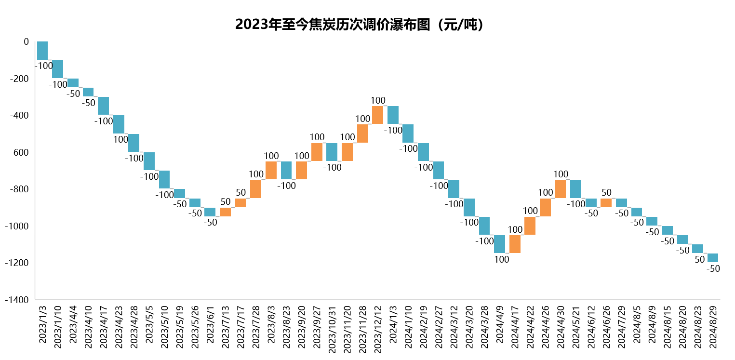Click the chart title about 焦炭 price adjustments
click(x=359, y=25)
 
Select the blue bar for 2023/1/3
click(x=42, y=51)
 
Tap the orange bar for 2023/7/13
click(x=225, y=212)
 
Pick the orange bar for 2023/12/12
click(x=377, y=115)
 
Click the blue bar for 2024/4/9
click(x=499, y=244)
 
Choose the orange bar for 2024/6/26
click(x=606, y=203)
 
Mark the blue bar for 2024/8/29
click(x=713, y=258)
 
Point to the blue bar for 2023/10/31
click(x=332, y=152)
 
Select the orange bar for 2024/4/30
click(x=561, y=189)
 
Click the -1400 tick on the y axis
click(x=17, y=300)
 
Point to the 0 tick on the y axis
click(x=26, y=42)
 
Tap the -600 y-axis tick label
click(x=19, y=152)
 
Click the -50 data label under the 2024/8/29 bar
click(x=713, y=268)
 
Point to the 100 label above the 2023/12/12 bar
click(x=378, y=100)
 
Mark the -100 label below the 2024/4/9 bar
click(x=500, y=259)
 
